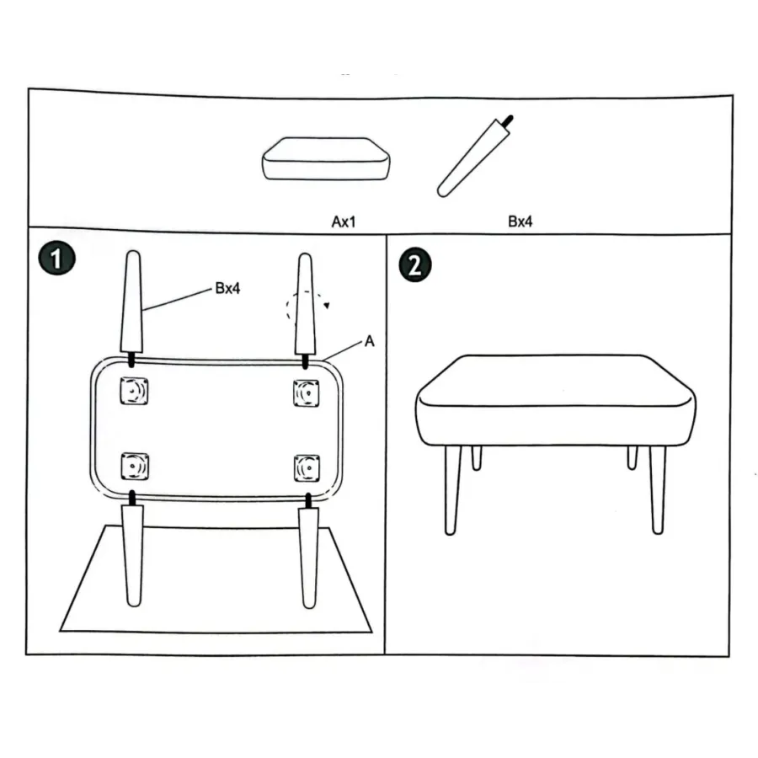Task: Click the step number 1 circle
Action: coord(57,259)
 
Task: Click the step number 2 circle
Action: coord(414,265)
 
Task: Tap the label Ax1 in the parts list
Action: coord(344,222)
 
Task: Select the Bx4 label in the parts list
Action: coord(520,222)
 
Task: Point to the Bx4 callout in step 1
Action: coord(227,288)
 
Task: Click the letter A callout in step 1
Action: coord(370,341)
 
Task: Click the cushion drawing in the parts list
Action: coord(326,159)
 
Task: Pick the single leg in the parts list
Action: coord(475,157)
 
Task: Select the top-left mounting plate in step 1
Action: coord(134,391)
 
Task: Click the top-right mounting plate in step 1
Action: coord(307,393)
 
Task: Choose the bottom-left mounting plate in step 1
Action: coord(135,467)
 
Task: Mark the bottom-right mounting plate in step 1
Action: coord(307,468)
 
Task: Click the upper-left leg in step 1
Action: coord(132,305)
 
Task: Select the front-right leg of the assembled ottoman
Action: coord(658,489)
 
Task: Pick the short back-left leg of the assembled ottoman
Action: coord(477,458)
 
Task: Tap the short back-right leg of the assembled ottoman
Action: coord(633,457)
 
